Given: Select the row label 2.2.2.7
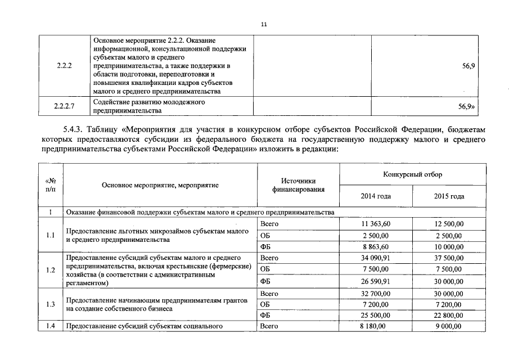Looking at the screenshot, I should (64, 106).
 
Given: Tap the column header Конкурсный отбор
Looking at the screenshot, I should (412, 174).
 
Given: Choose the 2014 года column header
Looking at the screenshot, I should (375, 196).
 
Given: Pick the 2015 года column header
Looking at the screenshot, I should (449, 196).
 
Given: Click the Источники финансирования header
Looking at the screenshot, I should (298, 185).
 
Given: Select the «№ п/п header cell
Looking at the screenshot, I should (50, 185).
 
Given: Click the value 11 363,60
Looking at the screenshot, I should (375, 224).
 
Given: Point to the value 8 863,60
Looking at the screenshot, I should (375, 246).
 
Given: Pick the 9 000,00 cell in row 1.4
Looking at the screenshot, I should (449, 326).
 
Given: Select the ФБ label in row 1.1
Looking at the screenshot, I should (266, 246).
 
